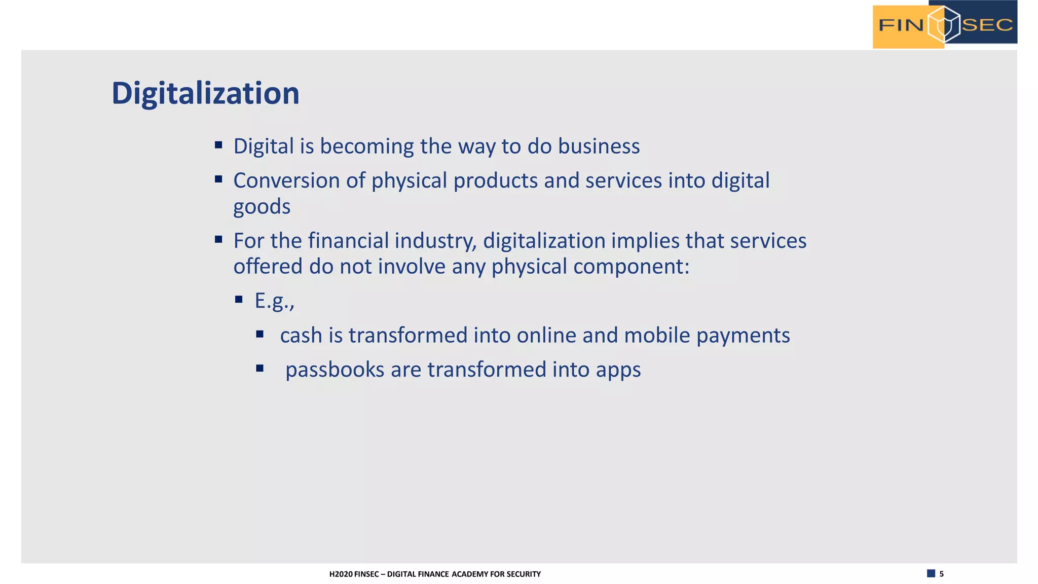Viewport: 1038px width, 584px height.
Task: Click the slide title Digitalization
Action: tap(205, 94)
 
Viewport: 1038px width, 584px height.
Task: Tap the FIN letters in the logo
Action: tap(901, 25)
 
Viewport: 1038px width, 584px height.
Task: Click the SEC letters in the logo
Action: tap(987, 25)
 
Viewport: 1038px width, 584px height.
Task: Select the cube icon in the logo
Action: tap(944, 24)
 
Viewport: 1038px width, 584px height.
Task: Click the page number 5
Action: tap(942, 574)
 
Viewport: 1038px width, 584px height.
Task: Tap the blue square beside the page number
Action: tap(931, 573)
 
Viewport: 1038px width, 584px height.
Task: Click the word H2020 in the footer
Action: tap(341, 574)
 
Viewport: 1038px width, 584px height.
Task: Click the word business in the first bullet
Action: tap(599, 147)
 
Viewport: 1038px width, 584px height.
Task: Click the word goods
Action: tap(262, 207)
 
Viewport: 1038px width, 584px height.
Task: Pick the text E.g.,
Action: tap(274, 301)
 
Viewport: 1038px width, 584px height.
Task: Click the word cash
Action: tap(301, 336)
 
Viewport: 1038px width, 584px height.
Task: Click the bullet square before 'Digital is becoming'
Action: tap(218, 145)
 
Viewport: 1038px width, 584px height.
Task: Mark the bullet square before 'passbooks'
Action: tap(260, 369)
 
